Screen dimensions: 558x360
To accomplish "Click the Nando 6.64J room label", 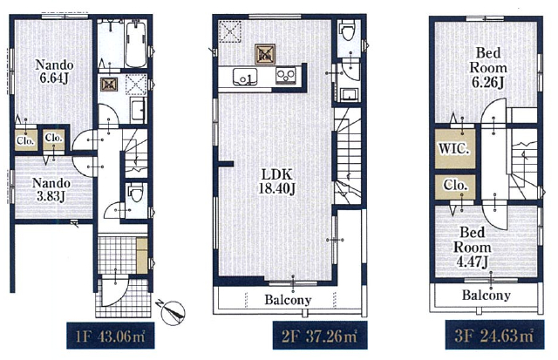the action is point(54,71).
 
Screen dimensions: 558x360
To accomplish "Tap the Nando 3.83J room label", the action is point(51,190).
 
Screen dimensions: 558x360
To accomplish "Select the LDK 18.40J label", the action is point(276,181).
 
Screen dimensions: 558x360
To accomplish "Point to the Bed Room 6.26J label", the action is point(488,68).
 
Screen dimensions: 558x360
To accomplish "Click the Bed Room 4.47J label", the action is point(472,248).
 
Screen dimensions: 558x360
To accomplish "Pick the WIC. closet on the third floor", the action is point(455,148).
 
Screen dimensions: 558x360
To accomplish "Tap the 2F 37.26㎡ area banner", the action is point(320,336).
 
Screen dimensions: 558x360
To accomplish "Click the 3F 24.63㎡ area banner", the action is point(494,335).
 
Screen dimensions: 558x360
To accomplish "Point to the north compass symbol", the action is point(173,313).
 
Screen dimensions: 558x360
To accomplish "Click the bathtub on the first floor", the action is point(136,44).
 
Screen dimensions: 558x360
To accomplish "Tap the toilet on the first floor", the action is point(136,194).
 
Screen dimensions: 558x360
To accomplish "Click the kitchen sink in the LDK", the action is point(245,77).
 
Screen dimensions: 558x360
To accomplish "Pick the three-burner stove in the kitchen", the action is point(285,76).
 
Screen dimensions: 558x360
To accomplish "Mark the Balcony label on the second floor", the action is point(288,300).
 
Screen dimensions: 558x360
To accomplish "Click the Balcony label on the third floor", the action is point(487,295).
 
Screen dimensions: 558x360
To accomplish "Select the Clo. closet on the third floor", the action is point(455,187).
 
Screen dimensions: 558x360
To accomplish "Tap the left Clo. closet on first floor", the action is point(25,139).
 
